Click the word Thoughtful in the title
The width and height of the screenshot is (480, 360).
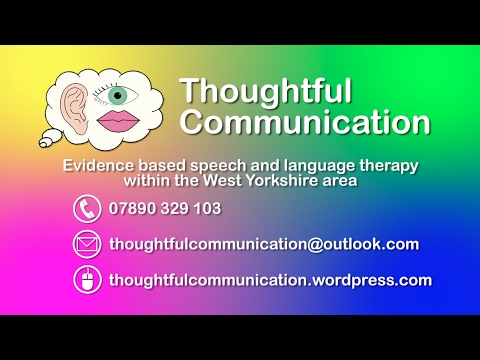click(265, 91)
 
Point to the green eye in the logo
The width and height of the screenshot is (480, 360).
click(120, 96)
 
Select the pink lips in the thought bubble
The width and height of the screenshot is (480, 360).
click(120, 123)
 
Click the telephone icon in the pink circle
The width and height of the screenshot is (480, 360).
click(87, 209)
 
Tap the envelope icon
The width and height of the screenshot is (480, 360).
click(87, 244)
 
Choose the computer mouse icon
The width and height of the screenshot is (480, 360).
click(87, 280)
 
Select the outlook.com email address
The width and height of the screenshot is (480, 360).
click(264, 244)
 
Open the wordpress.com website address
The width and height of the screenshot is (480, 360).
click(270, 280)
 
